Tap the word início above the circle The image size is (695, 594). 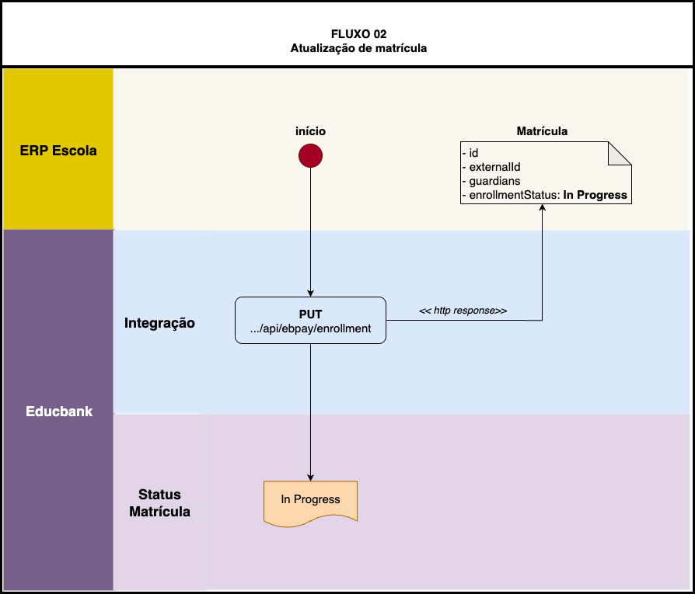tap(310, 131)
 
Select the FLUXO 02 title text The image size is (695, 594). tap(358, 34)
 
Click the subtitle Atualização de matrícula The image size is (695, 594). tap(358, 48)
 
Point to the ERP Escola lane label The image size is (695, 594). tap(58, 151)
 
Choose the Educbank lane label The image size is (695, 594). tap(58, 412)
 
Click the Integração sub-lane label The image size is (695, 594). tap(159, 323)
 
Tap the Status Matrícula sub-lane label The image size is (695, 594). tap(159, 503)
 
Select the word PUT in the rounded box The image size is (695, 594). tap(310, 314)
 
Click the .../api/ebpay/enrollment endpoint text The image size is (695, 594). tap(310, 329)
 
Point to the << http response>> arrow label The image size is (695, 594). tap(463, 311)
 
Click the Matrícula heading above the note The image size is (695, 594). tap(542, 131)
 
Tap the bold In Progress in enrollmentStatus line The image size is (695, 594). tap(596, 195)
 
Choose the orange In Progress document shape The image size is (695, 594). tap(310, 501)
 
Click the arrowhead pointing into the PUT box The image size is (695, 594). tap(310, 292)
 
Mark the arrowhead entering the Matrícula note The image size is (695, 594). tap(542, 209)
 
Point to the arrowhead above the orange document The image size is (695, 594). tap(310, 477)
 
